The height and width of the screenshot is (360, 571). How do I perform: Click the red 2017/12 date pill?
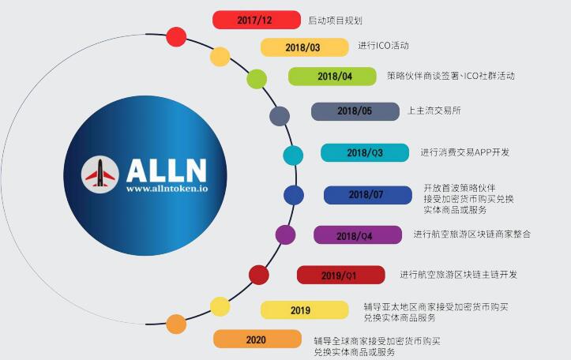tap(257, 20)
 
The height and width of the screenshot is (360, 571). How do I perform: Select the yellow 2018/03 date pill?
tap(304, 47)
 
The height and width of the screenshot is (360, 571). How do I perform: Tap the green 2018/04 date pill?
tap(332, 77)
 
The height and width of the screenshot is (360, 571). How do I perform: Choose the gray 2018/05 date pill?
tap(355, 111)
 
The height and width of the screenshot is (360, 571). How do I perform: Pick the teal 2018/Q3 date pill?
tap(364, 152)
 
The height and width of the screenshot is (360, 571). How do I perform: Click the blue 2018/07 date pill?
tap(367, 195)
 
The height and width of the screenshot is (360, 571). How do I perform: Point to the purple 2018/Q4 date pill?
tap(357, 235)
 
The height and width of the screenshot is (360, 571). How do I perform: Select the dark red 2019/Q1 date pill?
tap(340, 275)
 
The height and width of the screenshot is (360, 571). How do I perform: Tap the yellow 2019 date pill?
tap(304, 310)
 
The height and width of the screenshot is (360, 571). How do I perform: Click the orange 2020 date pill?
tap(257, 339)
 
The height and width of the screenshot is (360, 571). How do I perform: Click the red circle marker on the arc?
tap(177, 37)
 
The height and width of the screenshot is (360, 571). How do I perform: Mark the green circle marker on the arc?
tap(257, 79)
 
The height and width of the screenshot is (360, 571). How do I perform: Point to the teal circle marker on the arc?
tap(293, 155)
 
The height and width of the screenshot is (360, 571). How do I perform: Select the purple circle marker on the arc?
tap(285, 234)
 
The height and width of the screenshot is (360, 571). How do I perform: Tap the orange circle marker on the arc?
tap(176, 324)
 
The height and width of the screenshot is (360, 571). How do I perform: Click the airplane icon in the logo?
tap(100, 173)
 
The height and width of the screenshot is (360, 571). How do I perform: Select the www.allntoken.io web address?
tap(165, 189)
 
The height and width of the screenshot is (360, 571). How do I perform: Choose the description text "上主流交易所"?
tap(434, 111)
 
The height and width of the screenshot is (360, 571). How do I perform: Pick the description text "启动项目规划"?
tap(336, 20)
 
